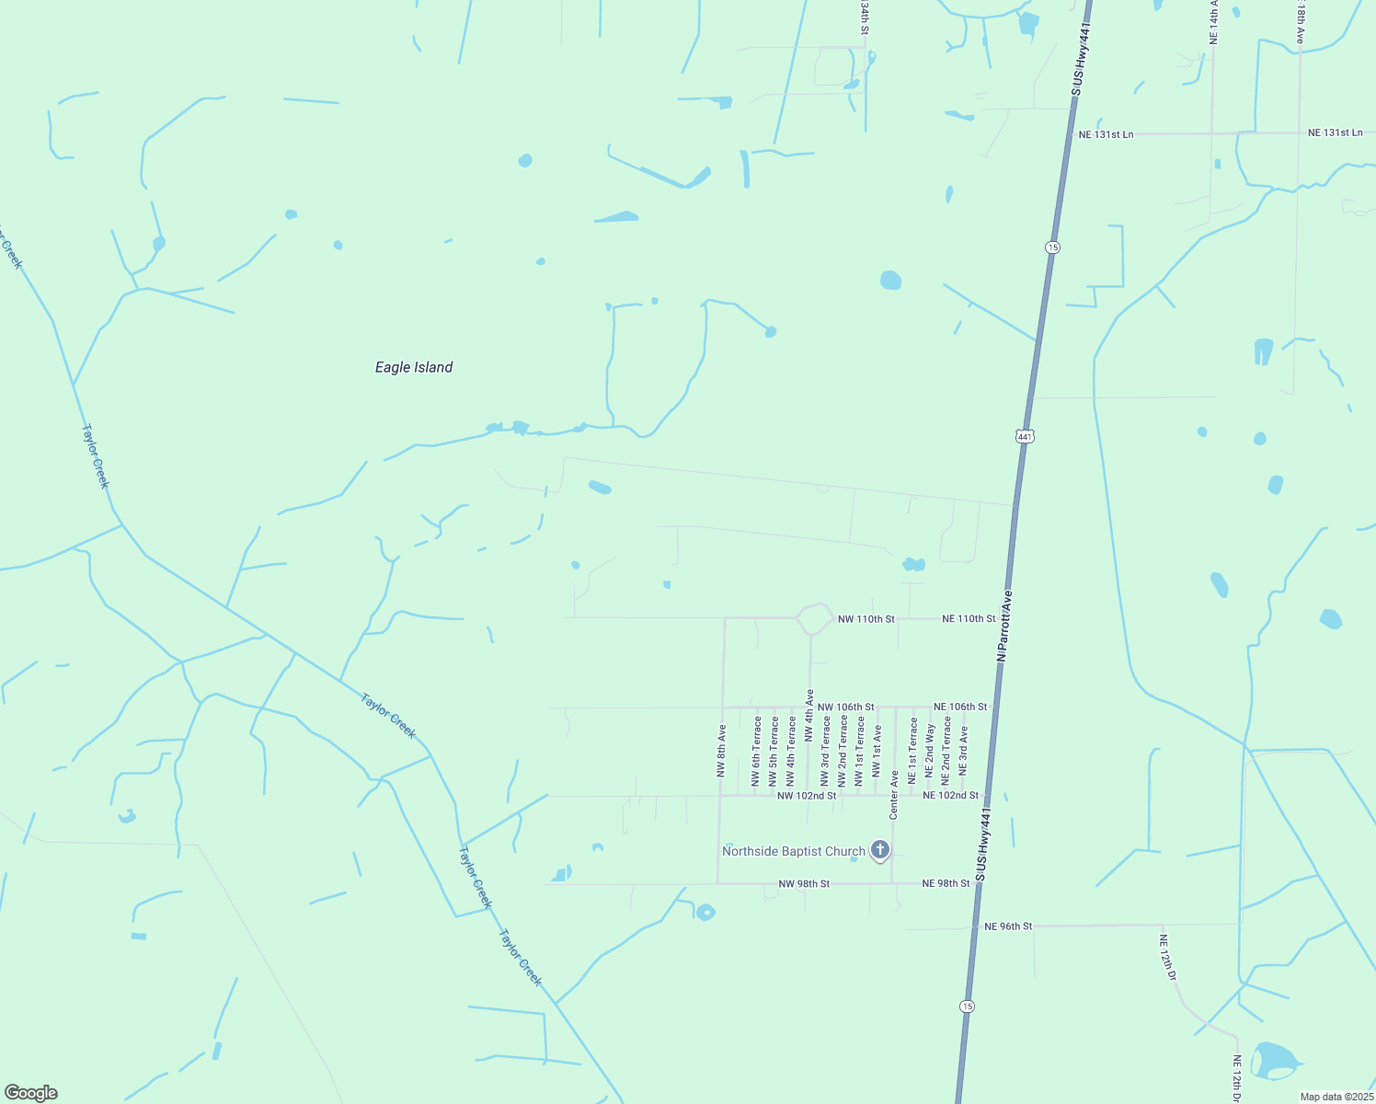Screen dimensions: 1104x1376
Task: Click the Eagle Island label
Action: pyautogui.click(x=414, y=367)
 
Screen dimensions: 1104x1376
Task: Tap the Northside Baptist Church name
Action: pyautogui.click(x=793, y=851)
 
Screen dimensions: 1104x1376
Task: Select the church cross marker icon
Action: pyautogui.click(x=880, y=850)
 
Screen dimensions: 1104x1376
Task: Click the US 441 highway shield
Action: pyautogui.click(x=1026, y=435)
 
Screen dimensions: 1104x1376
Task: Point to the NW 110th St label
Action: pyautogui.click(x=866, y=619)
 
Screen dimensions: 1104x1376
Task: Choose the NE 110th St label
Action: pyautogui.click(x=969, y=619)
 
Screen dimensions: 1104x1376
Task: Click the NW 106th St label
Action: pyautogui.click(x=845, y=707)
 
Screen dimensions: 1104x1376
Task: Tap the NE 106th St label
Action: pyautogui.click(x=960, y=707)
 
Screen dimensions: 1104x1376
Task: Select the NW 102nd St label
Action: pyautogui.click(x=807, y=795)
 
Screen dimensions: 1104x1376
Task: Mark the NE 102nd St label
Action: pyautogui.click(x=951, y=795)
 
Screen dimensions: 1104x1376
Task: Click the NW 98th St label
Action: pyautogui.click(x=804, y=883)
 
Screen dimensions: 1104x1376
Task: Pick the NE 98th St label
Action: pyautogui.click(x=946, y=883)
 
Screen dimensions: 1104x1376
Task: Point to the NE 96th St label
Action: pyautogui.click(x=1008, y=926)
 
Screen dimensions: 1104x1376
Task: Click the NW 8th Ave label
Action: pyautogui.click(x=722, y=752)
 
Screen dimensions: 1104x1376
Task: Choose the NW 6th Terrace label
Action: pyautogui.click(x=757, y=752)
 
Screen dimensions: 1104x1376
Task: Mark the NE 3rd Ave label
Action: pyautogui.click(x=964, y=750)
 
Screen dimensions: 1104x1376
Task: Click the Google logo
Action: pyautogui.click(x=31, y=1093)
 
